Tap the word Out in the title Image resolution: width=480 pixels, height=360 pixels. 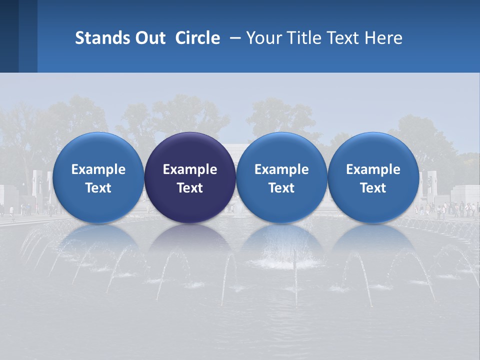point(149,38)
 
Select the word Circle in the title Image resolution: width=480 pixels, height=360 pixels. point(197,38)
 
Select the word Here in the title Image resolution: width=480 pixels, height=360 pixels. point(384,38)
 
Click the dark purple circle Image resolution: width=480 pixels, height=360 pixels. point(190,177)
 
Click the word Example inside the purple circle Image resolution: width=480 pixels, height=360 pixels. point(190,169)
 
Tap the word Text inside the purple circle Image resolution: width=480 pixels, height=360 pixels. point(190,188)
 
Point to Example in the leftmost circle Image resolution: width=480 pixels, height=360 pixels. point(98,169)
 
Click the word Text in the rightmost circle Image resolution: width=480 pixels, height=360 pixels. point(373,188)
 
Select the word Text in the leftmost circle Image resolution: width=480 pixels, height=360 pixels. point(98,188)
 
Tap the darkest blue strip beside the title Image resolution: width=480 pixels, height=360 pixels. point(9,36)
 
